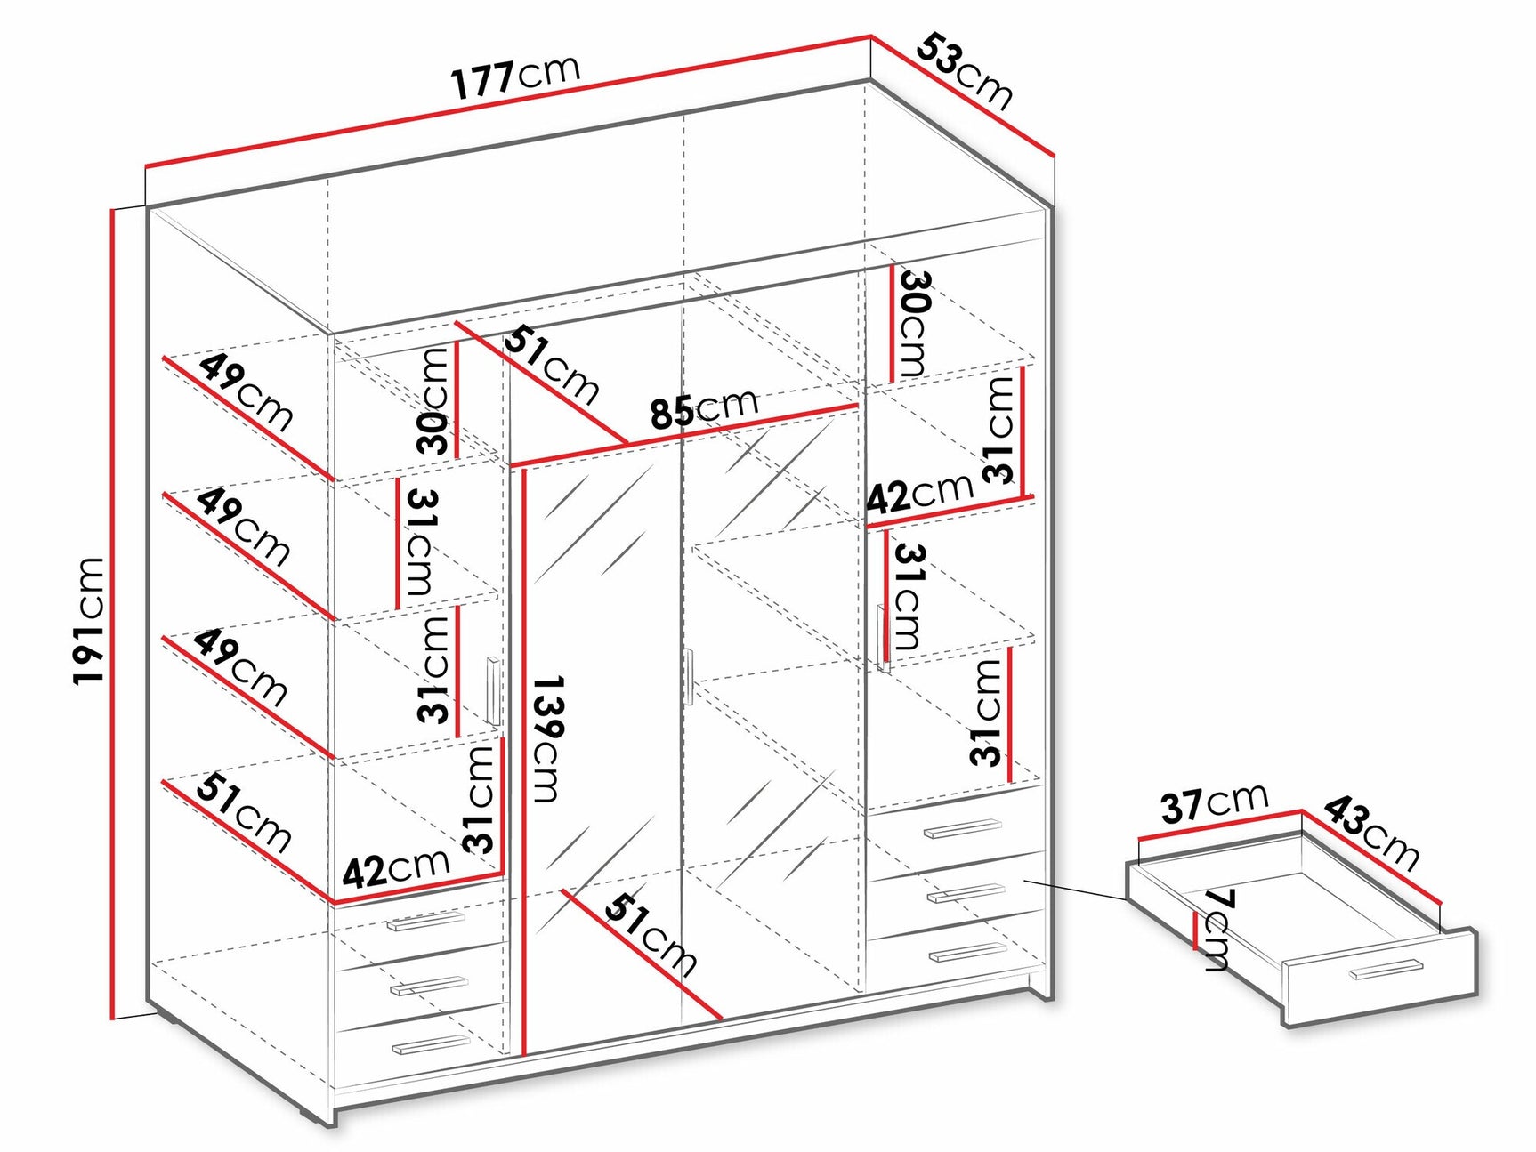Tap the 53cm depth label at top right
[x=965, y=70]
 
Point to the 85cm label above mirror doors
[x=703, y=409]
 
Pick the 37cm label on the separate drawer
[x=1213, y=802]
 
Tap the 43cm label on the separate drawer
[x=1370, y=831]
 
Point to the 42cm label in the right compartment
[x=919, y=494]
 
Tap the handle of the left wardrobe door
[x=492, y=691]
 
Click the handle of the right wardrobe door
[x=883, y=637]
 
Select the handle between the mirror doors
[x=689, y=677]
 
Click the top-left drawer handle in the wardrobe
[x=426, y=922]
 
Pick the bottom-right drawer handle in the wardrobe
[x=966, y=952]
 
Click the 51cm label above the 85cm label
[x=552, y=366]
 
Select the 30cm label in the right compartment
[x=915, y=322]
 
